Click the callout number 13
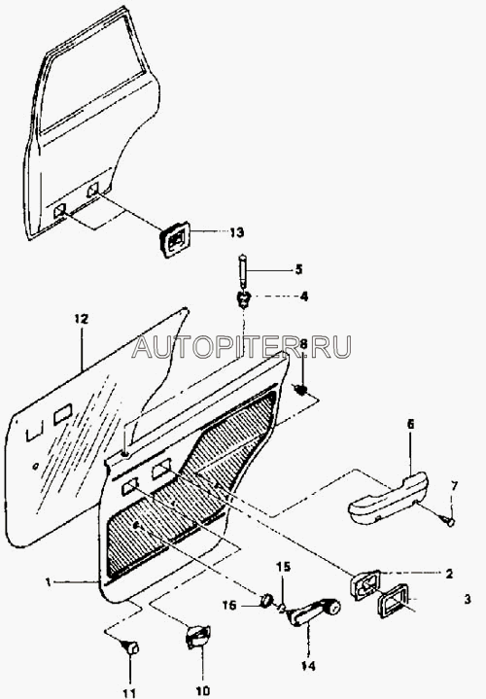pyautogui.click(x=237, y=232)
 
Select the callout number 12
pyautogui.click(x=81, y=319)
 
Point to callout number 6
pyautogui.click(x=410, y=424)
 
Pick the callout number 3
pyautogui.click(x=467, y=600)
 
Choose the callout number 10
pyautogui.click(x=202, y=690)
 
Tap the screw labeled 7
pyautogui.click(x=448, y=519)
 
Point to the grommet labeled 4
pyautogui.click(x=243, y=299)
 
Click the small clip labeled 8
pyautogui.click(x=302, y=390)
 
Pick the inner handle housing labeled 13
pyautogui.click(x=175, y=240)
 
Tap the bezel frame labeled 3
pyautogui.click(x=395, y=601)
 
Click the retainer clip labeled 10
pyautogui.click(x=197, y=637)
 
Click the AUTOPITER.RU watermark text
pyautogui.click(x=242, y=347)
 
